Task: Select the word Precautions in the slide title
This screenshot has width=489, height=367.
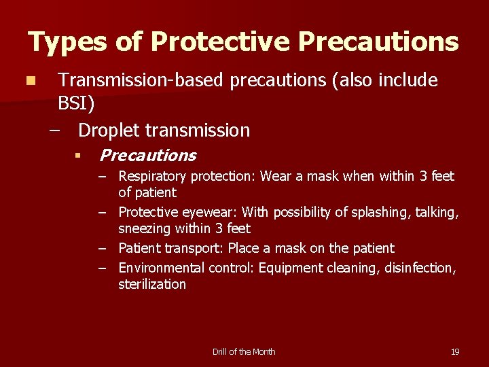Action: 378,42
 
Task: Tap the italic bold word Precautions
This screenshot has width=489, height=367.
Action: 147,156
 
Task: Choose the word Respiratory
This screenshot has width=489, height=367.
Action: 153,177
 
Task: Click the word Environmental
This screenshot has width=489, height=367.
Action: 162,268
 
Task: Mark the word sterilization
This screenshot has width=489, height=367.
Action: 151,284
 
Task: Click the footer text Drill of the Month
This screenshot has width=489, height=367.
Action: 244,351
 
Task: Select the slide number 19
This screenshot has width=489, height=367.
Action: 455,351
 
